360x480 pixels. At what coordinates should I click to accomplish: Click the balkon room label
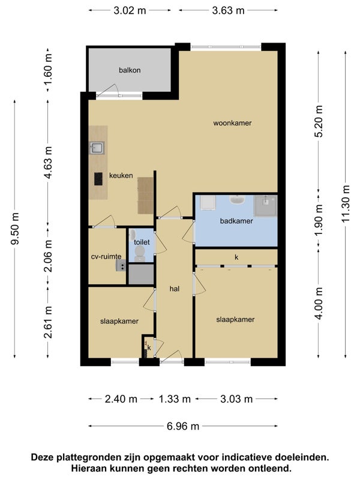tap(130, 70)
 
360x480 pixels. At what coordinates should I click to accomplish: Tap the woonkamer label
tap(232, 123)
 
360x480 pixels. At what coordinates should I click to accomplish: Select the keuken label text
tap(121, 175)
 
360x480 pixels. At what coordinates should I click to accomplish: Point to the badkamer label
tap(236, 221)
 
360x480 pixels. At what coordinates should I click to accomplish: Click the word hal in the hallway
tap(175, 289)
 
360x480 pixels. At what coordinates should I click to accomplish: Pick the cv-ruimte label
tap(106, 257)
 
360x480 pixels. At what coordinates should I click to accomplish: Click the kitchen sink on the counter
tap(97, 148)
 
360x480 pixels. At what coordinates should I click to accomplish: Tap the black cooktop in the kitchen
tap(98, 179)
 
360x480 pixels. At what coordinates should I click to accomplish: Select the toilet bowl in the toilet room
tap(140, 254)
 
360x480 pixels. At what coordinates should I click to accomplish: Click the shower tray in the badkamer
tap(265, 205)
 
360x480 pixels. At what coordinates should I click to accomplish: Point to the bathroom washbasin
tap(237, 200)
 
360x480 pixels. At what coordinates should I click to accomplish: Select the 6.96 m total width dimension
tap(183, 426)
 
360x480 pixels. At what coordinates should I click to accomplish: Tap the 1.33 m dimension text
tap(175, 399)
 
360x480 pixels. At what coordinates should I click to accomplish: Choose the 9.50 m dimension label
tap(15, 229)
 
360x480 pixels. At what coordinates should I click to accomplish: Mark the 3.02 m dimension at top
tap(130, 11)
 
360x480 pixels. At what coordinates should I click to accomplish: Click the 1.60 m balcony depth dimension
tap(48, 70)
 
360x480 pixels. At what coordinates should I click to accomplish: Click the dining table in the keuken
tap(145, 196)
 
